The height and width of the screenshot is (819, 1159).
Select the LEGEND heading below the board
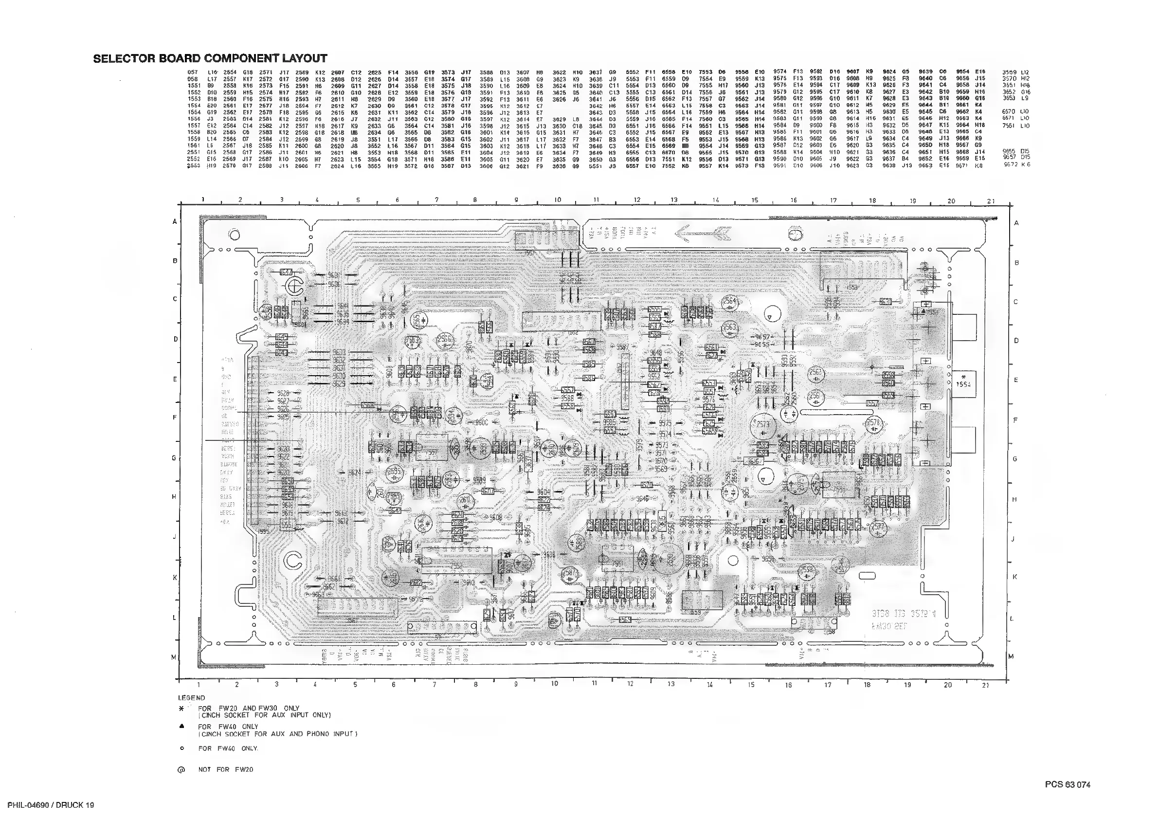[192, 698]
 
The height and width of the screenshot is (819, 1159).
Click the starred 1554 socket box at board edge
[964, 381]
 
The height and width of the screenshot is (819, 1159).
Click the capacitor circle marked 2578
[873, 423]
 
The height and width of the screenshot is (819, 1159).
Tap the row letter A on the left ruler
[175, 222]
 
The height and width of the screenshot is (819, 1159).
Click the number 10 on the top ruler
[557, 200]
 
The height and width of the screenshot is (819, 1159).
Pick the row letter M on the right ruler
[1011, 656]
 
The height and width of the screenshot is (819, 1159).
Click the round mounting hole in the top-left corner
[234, 235]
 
